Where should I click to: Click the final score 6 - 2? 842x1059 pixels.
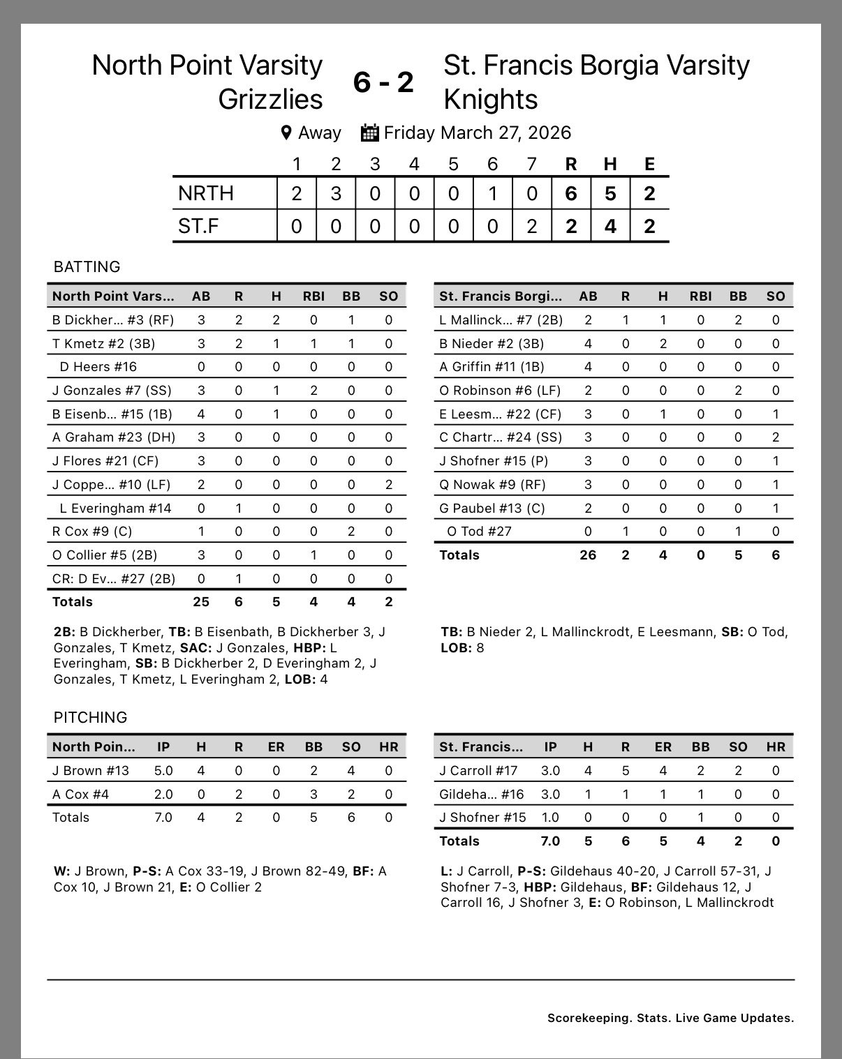[383, 82]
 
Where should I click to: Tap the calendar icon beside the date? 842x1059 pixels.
[369, 133]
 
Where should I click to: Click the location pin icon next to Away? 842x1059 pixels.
[286, 133]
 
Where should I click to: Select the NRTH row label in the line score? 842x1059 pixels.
[205, 193]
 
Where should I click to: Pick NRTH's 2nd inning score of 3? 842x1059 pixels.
[336, 193]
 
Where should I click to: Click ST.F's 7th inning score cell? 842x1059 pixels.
[532, 226]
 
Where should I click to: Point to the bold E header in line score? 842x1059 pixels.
[649, 164]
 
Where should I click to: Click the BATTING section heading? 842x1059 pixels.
[87, 266]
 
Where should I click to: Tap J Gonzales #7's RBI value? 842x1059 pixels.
[313, 390]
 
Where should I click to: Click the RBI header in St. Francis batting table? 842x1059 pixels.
[700, 296]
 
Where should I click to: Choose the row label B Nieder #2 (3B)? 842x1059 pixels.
[492, 343]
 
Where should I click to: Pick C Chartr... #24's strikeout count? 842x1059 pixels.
[776, 437]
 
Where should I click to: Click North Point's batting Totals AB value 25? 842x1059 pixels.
[201, 601]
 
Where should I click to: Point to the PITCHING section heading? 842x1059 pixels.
[90, 717]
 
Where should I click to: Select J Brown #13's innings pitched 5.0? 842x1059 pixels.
[163, 770]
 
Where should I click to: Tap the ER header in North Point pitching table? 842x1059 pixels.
[276, 746]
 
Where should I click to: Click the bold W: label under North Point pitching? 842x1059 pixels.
[61, 871]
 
